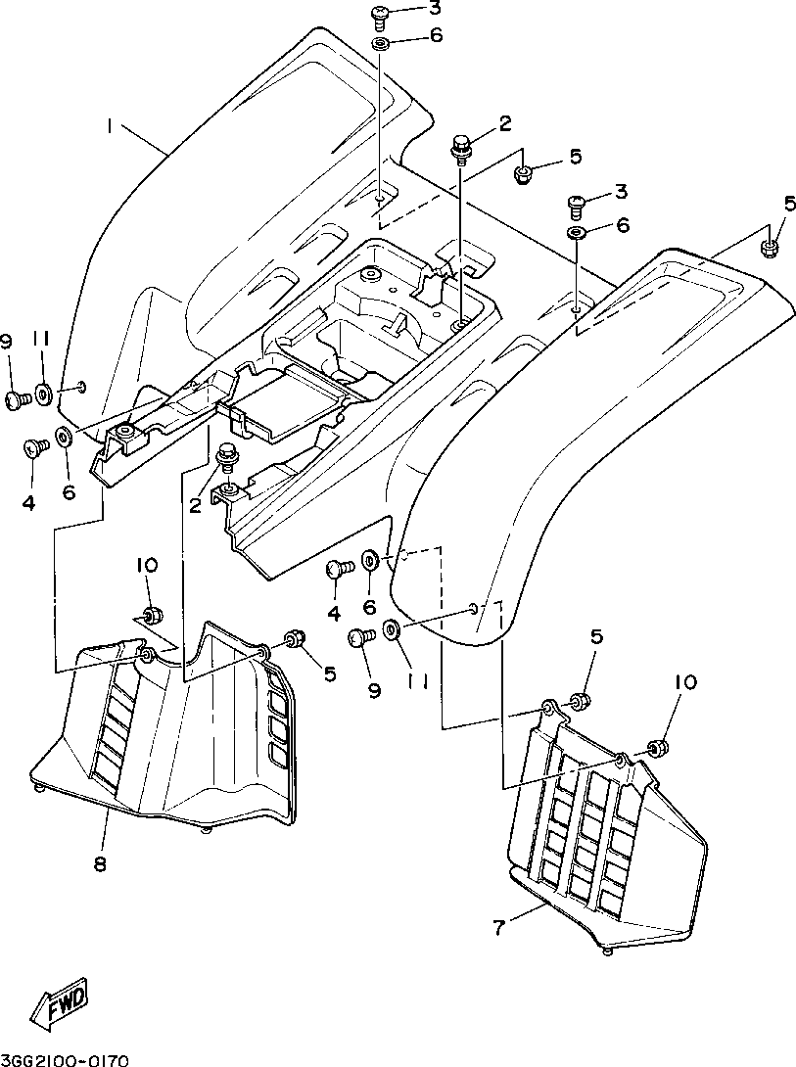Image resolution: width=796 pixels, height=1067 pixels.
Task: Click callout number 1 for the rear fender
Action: click(109, 126)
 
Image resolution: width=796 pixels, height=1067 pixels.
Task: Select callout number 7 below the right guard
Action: click(499, 927)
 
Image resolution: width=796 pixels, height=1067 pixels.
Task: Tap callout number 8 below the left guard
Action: click(100, 863)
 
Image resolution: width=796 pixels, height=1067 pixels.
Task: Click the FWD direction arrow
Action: click(63, 1004)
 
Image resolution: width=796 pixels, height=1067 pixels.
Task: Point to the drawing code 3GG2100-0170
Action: click(65, 1059)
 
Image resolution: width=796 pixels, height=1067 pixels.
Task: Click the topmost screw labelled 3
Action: click(380, 17)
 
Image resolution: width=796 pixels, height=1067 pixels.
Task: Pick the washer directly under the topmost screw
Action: click(380, 45)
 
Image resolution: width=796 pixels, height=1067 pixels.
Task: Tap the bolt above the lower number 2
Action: click(226, 456)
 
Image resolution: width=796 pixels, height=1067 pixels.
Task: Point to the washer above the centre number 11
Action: click(392, 628)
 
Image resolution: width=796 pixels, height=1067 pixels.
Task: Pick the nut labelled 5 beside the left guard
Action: click(295, 639)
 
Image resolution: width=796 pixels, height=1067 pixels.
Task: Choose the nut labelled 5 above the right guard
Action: click(579, 701)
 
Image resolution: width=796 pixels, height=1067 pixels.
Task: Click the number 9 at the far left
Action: click(8, 343)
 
